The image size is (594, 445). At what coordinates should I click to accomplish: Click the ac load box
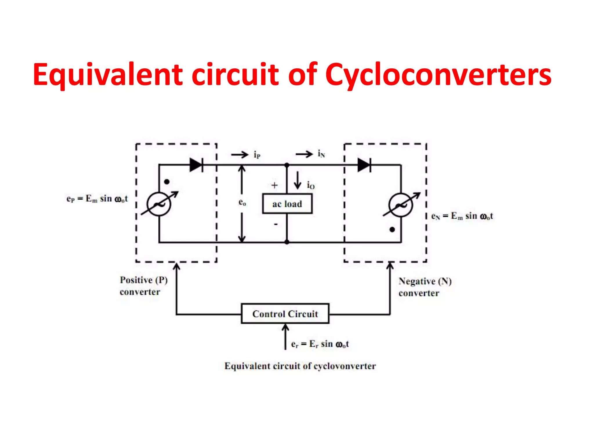click(x=287, y=204)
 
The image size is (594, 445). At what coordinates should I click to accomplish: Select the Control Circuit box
click(x=285, y=314)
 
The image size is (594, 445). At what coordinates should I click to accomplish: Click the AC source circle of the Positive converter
click(x=159, y=204)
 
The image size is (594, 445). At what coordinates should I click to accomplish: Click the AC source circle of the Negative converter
click(x=401, y=205)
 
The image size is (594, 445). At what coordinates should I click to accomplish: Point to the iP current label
click(x=257, y=155)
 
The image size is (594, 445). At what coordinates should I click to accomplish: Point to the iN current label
click(x=321, y=154)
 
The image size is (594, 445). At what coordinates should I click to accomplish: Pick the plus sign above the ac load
click(x=274, y=185)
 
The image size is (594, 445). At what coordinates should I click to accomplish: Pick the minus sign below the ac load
click(x=276, y=224)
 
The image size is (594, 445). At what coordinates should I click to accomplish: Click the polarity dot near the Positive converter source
click(x=167, y=182)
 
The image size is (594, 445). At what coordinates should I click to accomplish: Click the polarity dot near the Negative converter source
click(x=392, y=230)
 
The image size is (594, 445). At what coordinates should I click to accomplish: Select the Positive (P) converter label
click(x=144, y=286)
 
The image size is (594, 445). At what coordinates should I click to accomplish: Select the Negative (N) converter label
click(x=425, y=287)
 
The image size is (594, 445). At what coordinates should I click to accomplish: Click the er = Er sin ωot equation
click(x=320, y=344)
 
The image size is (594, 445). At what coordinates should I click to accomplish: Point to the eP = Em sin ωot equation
click(x=97, y=199)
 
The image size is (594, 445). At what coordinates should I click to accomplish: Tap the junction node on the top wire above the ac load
click(x=287, y=165)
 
